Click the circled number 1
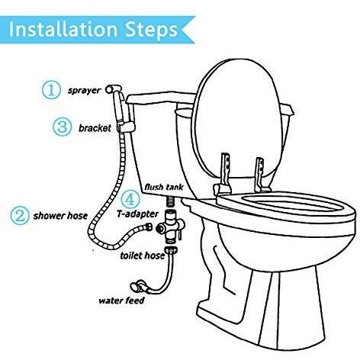point(51,89)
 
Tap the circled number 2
point(20,216)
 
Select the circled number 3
point(62,127)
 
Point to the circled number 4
point(130,199)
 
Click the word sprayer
point(85,91)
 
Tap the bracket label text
point(95,128)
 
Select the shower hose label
point(60,216)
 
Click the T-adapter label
point(137,214)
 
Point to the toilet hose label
point(143,256)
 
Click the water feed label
point(121,301)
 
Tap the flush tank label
point(164,187)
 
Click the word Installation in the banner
point(63,30)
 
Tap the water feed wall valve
point(138,286)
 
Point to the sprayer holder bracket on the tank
point(125,127)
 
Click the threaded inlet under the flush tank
point(169,201)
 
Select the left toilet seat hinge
point(223,175)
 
